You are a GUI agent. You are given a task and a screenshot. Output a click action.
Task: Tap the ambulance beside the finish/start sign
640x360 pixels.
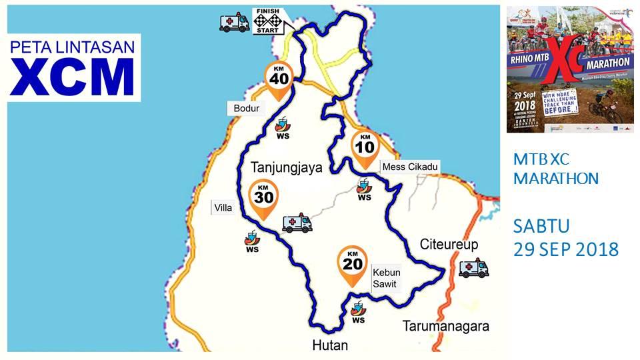235,23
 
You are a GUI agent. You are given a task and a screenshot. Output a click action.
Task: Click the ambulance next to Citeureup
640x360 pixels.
473,268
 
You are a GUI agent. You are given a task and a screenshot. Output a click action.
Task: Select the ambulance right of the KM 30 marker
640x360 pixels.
297,223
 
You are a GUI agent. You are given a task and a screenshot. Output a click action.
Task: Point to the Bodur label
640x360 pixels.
246,108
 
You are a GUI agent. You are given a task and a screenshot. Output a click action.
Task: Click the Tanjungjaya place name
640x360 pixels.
286,167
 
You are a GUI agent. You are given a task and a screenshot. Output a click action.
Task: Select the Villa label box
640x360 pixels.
223,208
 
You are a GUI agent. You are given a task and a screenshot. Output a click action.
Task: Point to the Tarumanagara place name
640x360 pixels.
446,326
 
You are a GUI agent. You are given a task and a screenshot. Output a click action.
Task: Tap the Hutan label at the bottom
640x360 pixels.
330,345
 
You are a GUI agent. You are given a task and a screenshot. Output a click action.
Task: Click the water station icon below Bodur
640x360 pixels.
283,126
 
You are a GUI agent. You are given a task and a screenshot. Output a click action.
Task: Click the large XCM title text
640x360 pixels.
73,77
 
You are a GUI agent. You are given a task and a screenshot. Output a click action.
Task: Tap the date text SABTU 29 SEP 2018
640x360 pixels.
565,237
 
